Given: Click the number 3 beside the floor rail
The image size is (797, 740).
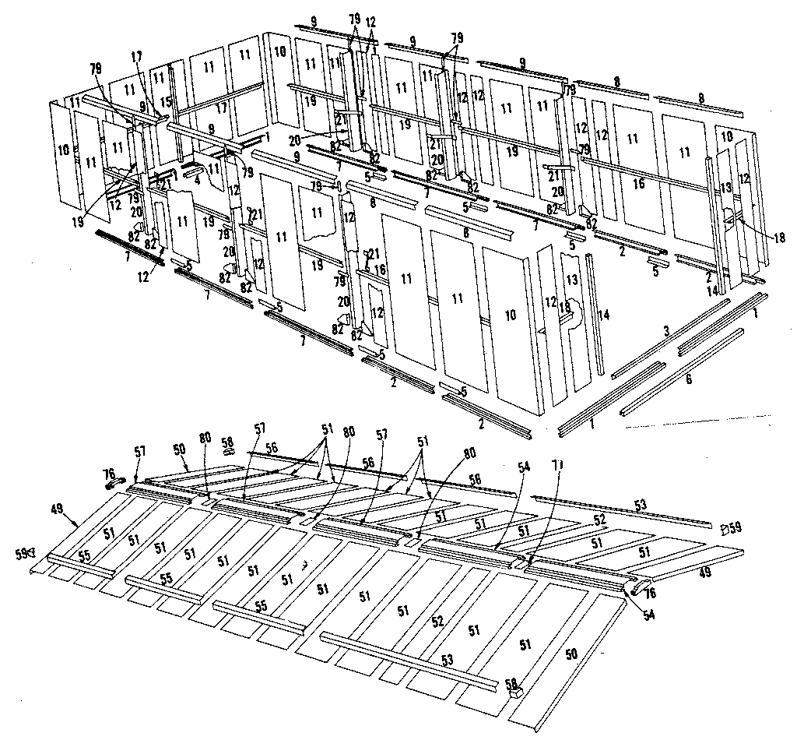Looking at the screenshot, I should [x=665, y=331].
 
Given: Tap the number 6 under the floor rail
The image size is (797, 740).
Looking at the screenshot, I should [x=688, y=379].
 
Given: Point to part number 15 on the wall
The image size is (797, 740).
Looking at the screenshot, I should [x=165, y=103].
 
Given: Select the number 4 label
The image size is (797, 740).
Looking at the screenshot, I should [x=198, y=181].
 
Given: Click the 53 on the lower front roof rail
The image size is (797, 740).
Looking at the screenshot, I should [x=447, y=661].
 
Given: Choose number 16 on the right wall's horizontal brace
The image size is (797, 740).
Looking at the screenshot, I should [x=637, y=184].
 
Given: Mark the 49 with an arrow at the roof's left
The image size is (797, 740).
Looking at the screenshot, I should [x=59, y=510].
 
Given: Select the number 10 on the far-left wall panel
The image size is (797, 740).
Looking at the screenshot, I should [x=62, y=149].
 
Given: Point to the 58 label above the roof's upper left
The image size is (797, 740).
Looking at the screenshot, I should [x=227, y=442].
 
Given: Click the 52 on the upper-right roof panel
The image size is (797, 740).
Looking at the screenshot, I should [x=599, y=520].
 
